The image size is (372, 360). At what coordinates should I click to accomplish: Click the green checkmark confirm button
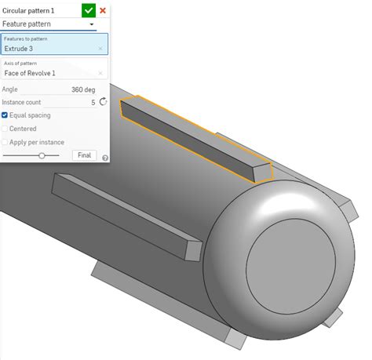click(89, 10)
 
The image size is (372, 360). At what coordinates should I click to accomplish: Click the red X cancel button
click(103, 10)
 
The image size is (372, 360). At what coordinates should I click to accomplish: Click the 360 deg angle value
click(82, 89)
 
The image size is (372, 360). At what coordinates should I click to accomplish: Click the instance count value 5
click(93, 102)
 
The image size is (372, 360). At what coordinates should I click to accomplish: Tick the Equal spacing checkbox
click(5, 115)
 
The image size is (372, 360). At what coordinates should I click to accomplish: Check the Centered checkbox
click(5, 129)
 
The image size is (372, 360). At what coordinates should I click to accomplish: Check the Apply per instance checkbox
click(5, 142)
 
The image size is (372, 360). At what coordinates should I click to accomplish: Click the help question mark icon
click(104, 158)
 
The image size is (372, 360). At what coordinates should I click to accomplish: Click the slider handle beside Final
click(42, 155)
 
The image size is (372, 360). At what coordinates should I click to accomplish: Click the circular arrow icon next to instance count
click(103, 102)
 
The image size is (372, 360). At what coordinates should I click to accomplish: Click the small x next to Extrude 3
click(100, 49)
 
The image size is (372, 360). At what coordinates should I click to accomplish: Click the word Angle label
click(10, 89)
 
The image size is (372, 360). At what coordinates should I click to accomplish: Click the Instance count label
click(22, 102)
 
